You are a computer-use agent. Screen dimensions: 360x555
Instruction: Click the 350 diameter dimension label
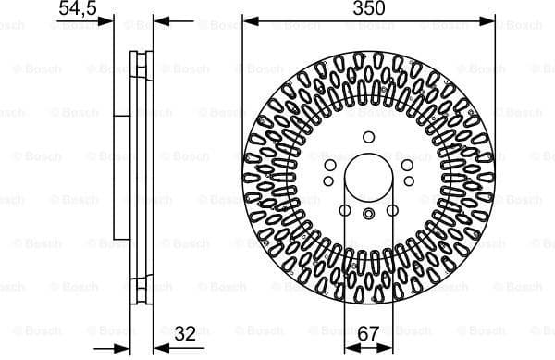click(369, 8)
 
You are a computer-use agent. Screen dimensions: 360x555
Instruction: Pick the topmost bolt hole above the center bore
click(368, 137)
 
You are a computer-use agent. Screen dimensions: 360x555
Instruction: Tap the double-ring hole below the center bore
click(368, 216)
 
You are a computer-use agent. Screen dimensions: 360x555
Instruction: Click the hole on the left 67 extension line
click(345, 211)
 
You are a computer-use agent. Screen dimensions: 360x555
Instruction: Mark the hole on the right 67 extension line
click(392, 211)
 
